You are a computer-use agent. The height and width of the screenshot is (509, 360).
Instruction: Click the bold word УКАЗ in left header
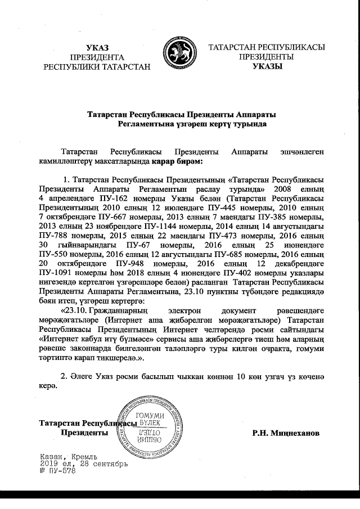97,47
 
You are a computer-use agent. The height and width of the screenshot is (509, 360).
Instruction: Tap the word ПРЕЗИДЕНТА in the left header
97,57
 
